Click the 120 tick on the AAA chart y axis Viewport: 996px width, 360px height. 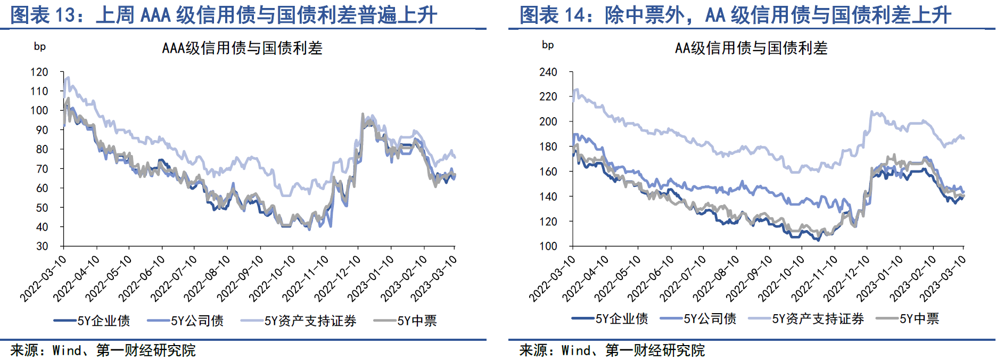click(39, 72)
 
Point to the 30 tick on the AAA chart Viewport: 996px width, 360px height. click(42, 246)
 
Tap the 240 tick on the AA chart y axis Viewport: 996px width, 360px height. click(548, 72)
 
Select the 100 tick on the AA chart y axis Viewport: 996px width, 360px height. click(548, 246)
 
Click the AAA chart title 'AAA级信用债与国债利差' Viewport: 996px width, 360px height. click(242, 48)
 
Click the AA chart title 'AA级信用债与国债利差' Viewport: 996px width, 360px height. click(751, 48)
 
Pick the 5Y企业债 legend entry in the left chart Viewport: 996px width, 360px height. click(92, 321)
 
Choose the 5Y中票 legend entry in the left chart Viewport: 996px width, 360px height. click(405, 321)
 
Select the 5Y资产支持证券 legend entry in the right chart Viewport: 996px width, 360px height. click(806, 319)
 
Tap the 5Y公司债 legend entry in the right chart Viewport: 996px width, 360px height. click(698, 319)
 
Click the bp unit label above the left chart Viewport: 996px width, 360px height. click(40, 46)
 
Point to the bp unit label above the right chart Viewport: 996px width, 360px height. click(548, 45)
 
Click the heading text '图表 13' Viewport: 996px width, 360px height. click(43, 15)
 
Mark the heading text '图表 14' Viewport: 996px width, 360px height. click(552, 15)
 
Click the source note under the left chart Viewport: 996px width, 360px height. click(103, 350)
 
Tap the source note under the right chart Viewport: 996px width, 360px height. click(612, 350)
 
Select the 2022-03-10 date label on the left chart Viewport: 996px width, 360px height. click(44, 279)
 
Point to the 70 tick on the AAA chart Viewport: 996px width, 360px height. click(42, 169)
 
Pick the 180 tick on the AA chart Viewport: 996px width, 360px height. click(548, 146)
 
